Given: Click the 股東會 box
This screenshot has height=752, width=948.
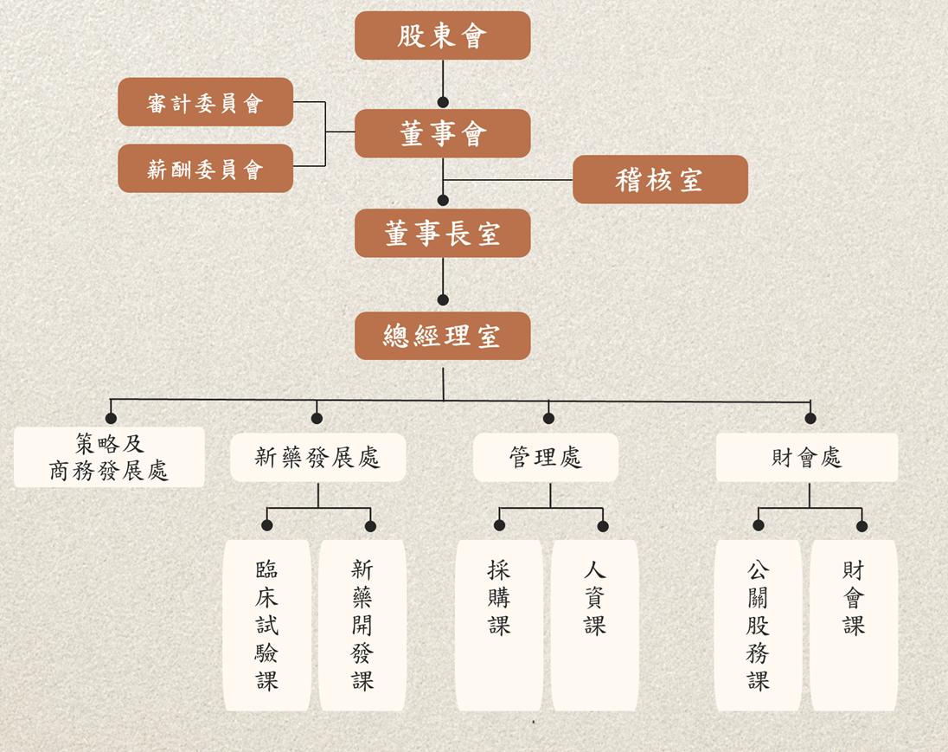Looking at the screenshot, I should (442, 35).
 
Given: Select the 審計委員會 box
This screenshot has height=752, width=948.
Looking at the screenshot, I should (205, 102).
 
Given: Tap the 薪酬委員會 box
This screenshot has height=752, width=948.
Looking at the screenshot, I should (205, 169).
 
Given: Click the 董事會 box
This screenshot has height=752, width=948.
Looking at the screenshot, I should (442, 133).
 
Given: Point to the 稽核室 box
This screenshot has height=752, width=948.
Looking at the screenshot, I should (660, 179).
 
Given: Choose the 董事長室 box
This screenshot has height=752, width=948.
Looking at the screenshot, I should (442, 233).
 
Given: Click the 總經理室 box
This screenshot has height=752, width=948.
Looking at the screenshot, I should (442, 336).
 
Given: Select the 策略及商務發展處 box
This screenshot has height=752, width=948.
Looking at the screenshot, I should (109, 457).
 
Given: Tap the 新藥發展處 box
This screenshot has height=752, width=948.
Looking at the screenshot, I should (317, 457).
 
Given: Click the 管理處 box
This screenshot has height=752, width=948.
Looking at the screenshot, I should (546, 457).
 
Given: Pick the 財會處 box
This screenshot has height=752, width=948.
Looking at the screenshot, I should (806, 457).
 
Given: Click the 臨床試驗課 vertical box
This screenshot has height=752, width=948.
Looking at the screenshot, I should (267, 625).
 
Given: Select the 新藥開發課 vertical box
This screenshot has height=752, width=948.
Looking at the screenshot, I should (362, 625).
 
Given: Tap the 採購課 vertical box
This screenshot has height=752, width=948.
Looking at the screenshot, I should (499, 625).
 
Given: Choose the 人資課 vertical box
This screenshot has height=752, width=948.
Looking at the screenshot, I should (594, 625).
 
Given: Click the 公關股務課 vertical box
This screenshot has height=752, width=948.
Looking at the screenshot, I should (758, 625).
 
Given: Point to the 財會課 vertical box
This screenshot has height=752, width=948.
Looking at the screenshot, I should (854, 625).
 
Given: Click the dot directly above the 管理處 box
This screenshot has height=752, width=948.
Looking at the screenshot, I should (548, 419).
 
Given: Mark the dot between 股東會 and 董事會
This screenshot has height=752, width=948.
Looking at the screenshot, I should (443, 101).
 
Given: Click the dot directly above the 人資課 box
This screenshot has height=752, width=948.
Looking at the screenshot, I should (603, 526).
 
